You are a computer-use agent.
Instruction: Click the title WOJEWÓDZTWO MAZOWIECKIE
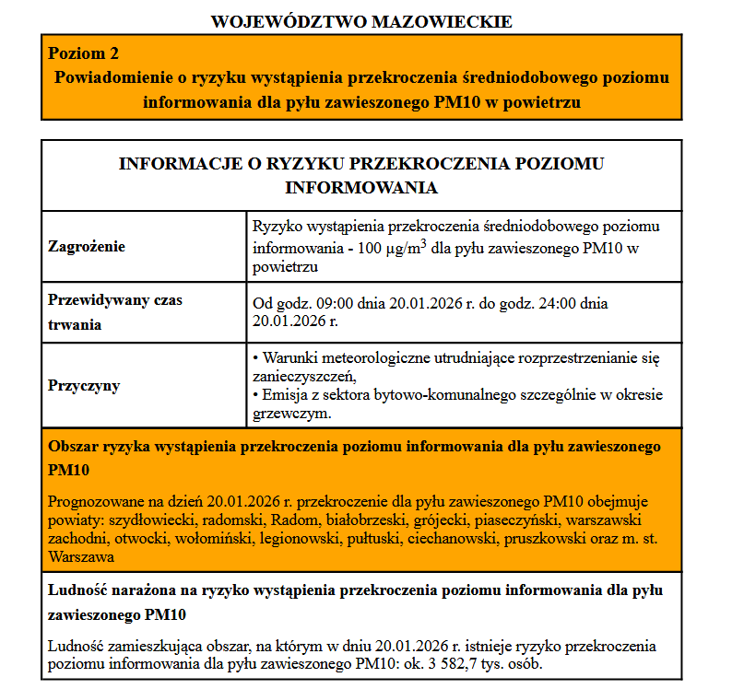pos(361,20)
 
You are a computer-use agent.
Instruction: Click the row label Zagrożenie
pos(87,247)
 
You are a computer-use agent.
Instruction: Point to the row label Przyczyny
pos(84,386)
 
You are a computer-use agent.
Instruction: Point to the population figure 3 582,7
pos(472,664)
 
